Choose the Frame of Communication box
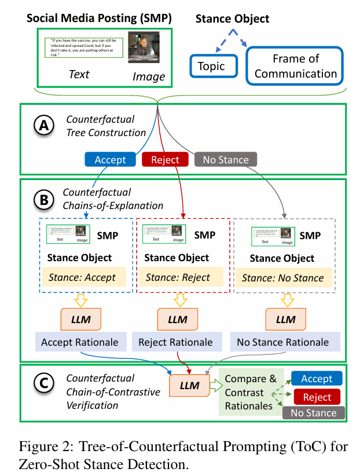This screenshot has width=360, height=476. coord(295,66)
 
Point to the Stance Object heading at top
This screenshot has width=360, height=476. coord(232,19)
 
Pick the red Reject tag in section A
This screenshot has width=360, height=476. coord(164,159)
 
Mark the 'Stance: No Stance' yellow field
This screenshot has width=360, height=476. coord(282,277)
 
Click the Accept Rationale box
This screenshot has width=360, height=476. coord(80,342)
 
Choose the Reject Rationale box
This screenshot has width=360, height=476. coord(175,342)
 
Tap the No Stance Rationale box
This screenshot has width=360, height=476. coord(282,342)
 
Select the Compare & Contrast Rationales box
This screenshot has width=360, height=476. coord(250,393)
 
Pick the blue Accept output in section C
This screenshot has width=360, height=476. coord(317,379)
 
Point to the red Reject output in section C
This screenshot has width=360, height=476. coord(317,397)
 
